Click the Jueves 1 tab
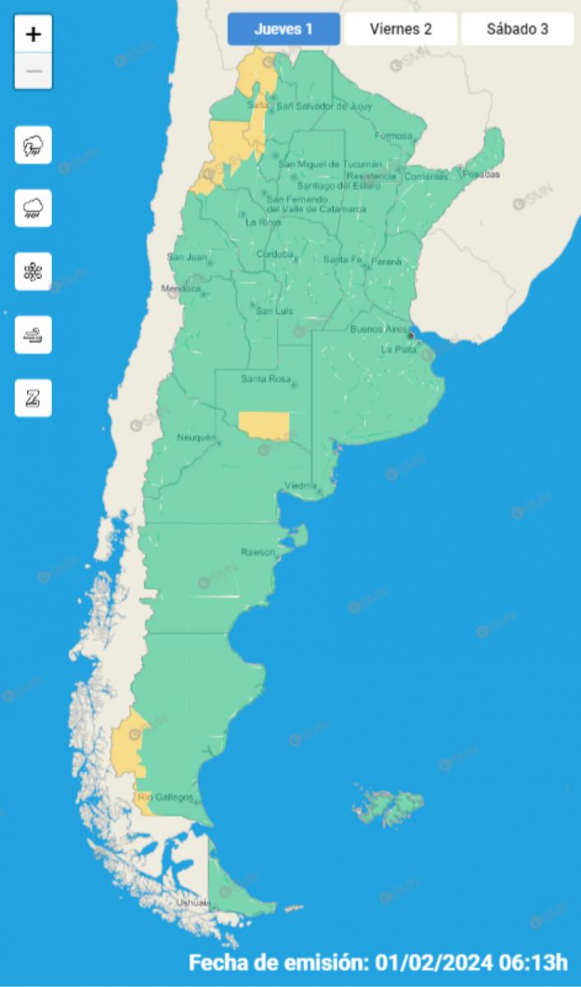(284, 30)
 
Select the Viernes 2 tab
(400, 30)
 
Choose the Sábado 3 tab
(517, 30)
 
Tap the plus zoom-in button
(34, 35)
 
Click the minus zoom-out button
(34, 71)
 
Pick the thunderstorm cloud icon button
(34, 146)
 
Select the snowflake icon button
(34, 271)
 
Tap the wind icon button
(34, 335)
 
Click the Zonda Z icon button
(34, 398)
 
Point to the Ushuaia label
(194, 903)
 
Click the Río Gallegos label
(166, 798)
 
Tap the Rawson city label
(257, 552)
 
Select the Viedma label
(300, 485)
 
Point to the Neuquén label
(196, 437)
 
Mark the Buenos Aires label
(378, 329)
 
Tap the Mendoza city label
(181, 290)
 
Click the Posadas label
(482, 174)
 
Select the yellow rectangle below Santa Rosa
(264, 425)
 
